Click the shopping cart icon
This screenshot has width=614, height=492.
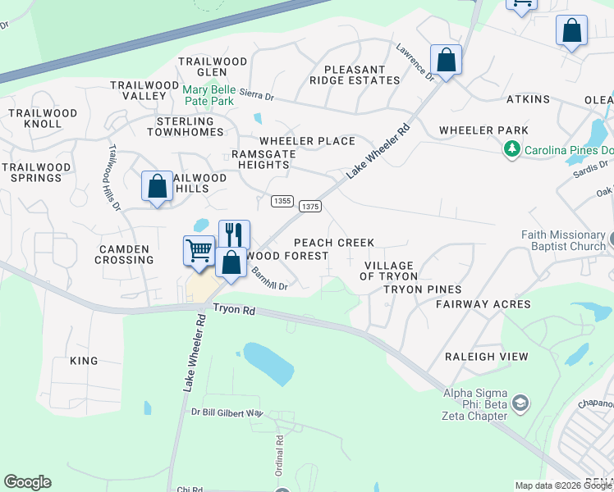pos(199,250)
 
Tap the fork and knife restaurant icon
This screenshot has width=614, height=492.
pos(234,235)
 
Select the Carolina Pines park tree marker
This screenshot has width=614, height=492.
pos(513,148)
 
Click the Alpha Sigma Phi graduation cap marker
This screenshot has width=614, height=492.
pos(520,403)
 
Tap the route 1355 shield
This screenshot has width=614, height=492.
pos(282,201)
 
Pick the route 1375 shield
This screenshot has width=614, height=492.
pos(309,207)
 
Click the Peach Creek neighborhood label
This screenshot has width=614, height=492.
pos(334,243)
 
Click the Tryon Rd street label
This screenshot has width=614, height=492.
pos(236,308)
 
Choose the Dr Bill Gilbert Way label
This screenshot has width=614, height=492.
pos(227,412)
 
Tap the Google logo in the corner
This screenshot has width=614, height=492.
pos(27,482)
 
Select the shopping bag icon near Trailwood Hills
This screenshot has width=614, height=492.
pos(156,186)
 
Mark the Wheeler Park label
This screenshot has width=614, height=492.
pos(483,130)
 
